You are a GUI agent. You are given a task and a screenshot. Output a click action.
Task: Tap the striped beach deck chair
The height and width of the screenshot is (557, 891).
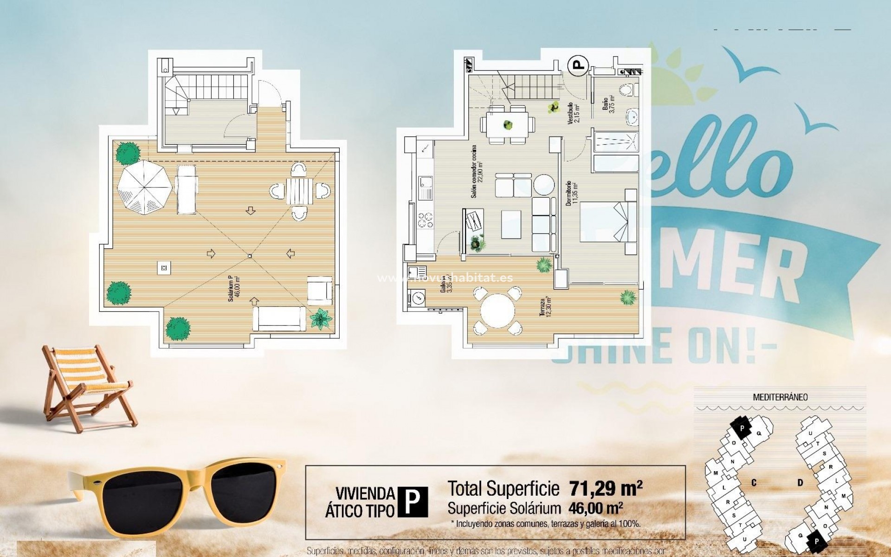point(86,385)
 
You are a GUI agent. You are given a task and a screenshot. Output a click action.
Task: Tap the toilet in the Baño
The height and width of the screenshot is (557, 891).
point(627,90)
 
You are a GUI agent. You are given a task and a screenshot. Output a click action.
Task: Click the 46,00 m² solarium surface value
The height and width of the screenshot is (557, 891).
point(595,508)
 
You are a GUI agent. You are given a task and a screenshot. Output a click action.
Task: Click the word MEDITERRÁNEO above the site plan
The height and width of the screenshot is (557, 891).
point(780,397)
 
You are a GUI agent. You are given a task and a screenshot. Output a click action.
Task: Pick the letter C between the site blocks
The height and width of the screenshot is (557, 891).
point(754,483)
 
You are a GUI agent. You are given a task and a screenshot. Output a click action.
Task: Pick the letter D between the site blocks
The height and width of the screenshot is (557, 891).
point(801,483)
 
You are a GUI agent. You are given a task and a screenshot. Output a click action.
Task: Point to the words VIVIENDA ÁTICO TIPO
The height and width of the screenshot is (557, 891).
point(361,502)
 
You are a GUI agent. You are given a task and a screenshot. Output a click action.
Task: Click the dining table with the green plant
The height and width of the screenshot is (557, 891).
point(508,124)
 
